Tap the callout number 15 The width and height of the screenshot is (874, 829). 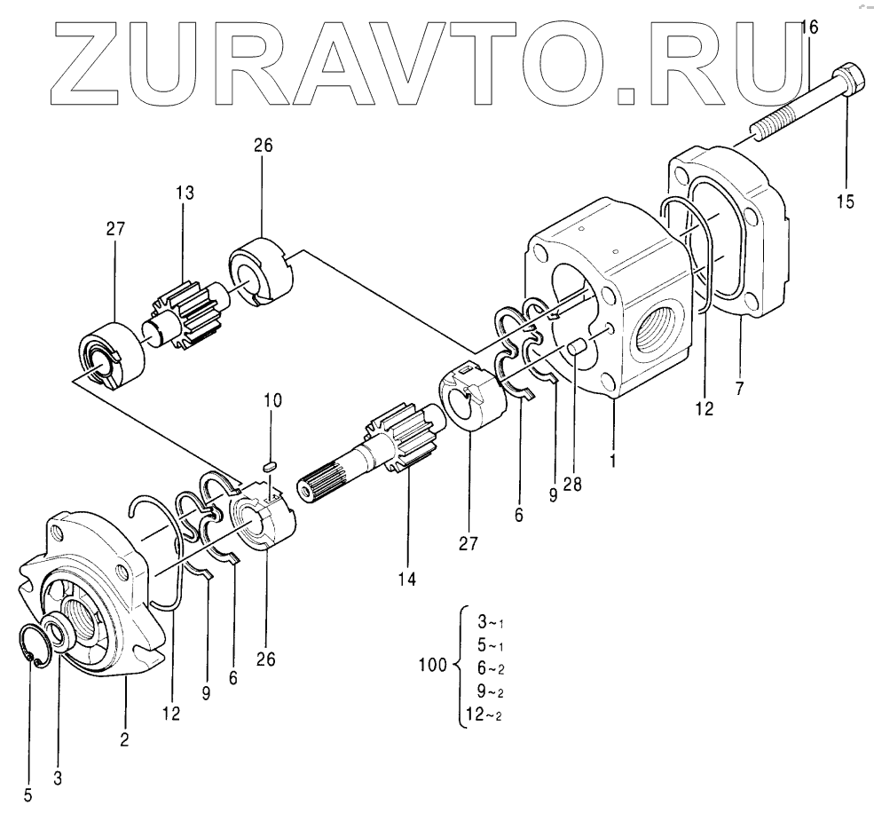tap(845, 201)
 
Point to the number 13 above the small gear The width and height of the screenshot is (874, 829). tap(185, 193)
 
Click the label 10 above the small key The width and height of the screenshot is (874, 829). tap(273, 400)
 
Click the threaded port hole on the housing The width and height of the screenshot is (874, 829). tap(657, 337)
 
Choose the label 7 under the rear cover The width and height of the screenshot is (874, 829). tap(740, 388)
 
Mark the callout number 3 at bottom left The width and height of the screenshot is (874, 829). tap(59, 778)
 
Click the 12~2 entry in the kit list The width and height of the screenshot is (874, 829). tap(487, 714)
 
